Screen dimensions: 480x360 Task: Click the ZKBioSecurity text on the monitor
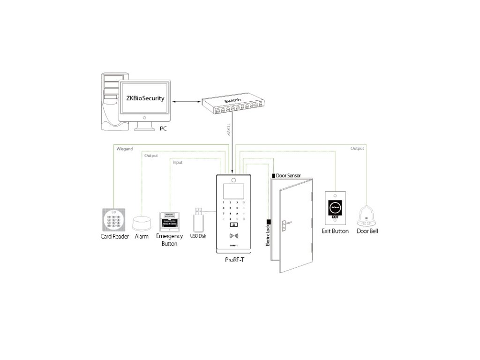(145, 99)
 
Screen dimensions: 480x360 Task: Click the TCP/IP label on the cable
(229, 130)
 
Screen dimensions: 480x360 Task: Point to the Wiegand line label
(124, 149)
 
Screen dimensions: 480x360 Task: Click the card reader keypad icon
(114, 219)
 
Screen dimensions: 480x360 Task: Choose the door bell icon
(367, 215)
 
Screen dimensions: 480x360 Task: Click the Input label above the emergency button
(178, 163)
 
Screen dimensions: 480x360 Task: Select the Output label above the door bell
(357, 149)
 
